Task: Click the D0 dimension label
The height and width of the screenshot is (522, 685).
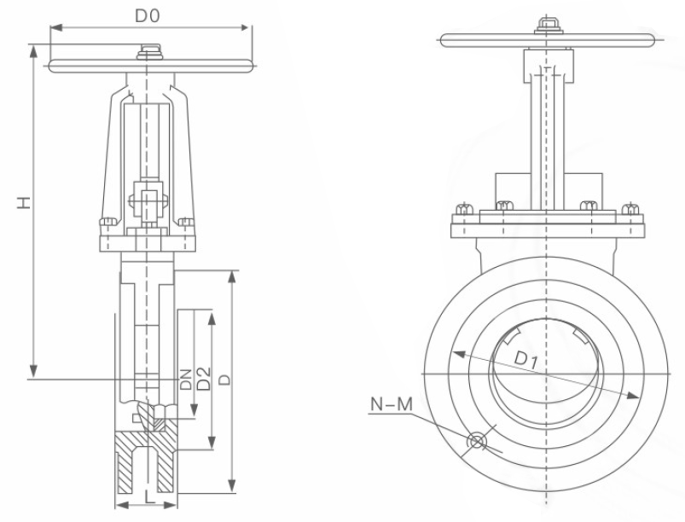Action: point(147,16)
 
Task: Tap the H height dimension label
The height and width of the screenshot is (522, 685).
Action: point(24,203)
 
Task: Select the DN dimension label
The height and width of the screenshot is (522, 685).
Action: point(186,379)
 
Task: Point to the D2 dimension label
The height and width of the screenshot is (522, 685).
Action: point(204,378)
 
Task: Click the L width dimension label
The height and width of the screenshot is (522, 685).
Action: point(149,498)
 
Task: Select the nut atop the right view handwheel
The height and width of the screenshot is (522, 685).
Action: point(548,26)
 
